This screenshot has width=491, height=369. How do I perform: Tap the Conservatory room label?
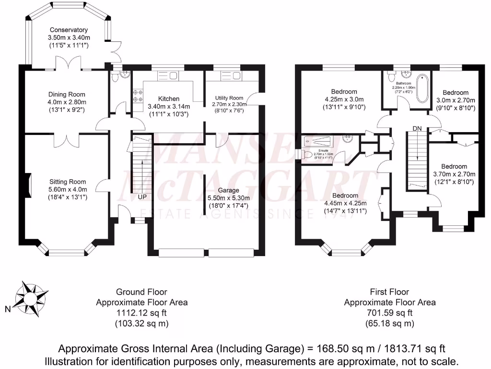(x=69, y=30)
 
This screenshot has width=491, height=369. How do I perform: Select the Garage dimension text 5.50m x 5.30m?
(x=228, y=198)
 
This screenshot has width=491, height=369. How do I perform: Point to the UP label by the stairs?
(x=142, y=197)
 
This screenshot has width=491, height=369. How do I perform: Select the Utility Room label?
(x=230, y=98)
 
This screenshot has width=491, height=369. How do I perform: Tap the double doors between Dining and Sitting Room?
(x=68, y=140)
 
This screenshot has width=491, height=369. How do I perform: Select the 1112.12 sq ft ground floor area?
(x=141, y=313)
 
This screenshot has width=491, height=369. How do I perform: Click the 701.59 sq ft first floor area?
(x=390, y=313)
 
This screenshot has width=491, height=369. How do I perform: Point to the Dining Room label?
(x=67, y=95)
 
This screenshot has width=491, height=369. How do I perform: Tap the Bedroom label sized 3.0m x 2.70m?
(x=455, y=92)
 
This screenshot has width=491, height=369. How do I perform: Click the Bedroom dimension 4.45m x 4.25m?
(x=345, y=203)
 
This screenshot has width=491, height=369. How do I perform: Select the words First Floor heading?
(x=390, y=292)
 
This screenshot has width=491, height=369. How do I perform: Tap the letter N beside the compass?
(x=7, y=310)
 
